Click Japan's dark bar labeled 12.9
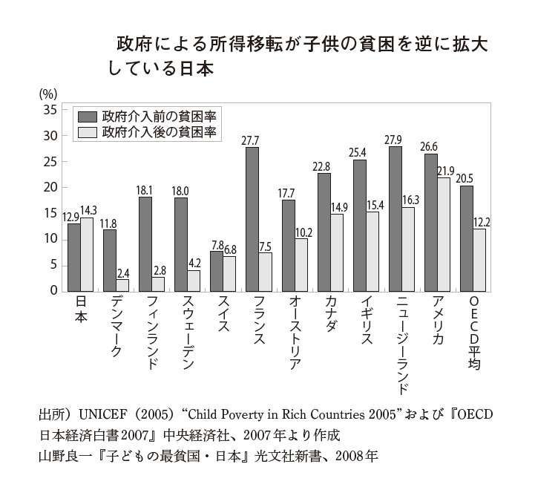tap(73, 256)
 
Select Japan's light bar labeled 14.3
tap(87, 253)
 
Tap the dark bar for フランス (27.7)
tap(252, 218)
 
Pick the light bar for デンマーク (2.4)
tap(122, 284)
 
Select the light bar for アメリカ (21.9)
tap(444, 234)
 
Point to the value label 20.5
tap(467, 178)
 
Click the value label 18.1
tap(145, 190)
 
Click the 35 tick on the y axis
tap(50, 110)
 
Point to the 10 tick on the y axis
tap(50, 239)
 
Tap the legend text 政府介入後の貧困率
tap(160, 132)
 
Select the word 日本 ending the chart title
tap(194, 68)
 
